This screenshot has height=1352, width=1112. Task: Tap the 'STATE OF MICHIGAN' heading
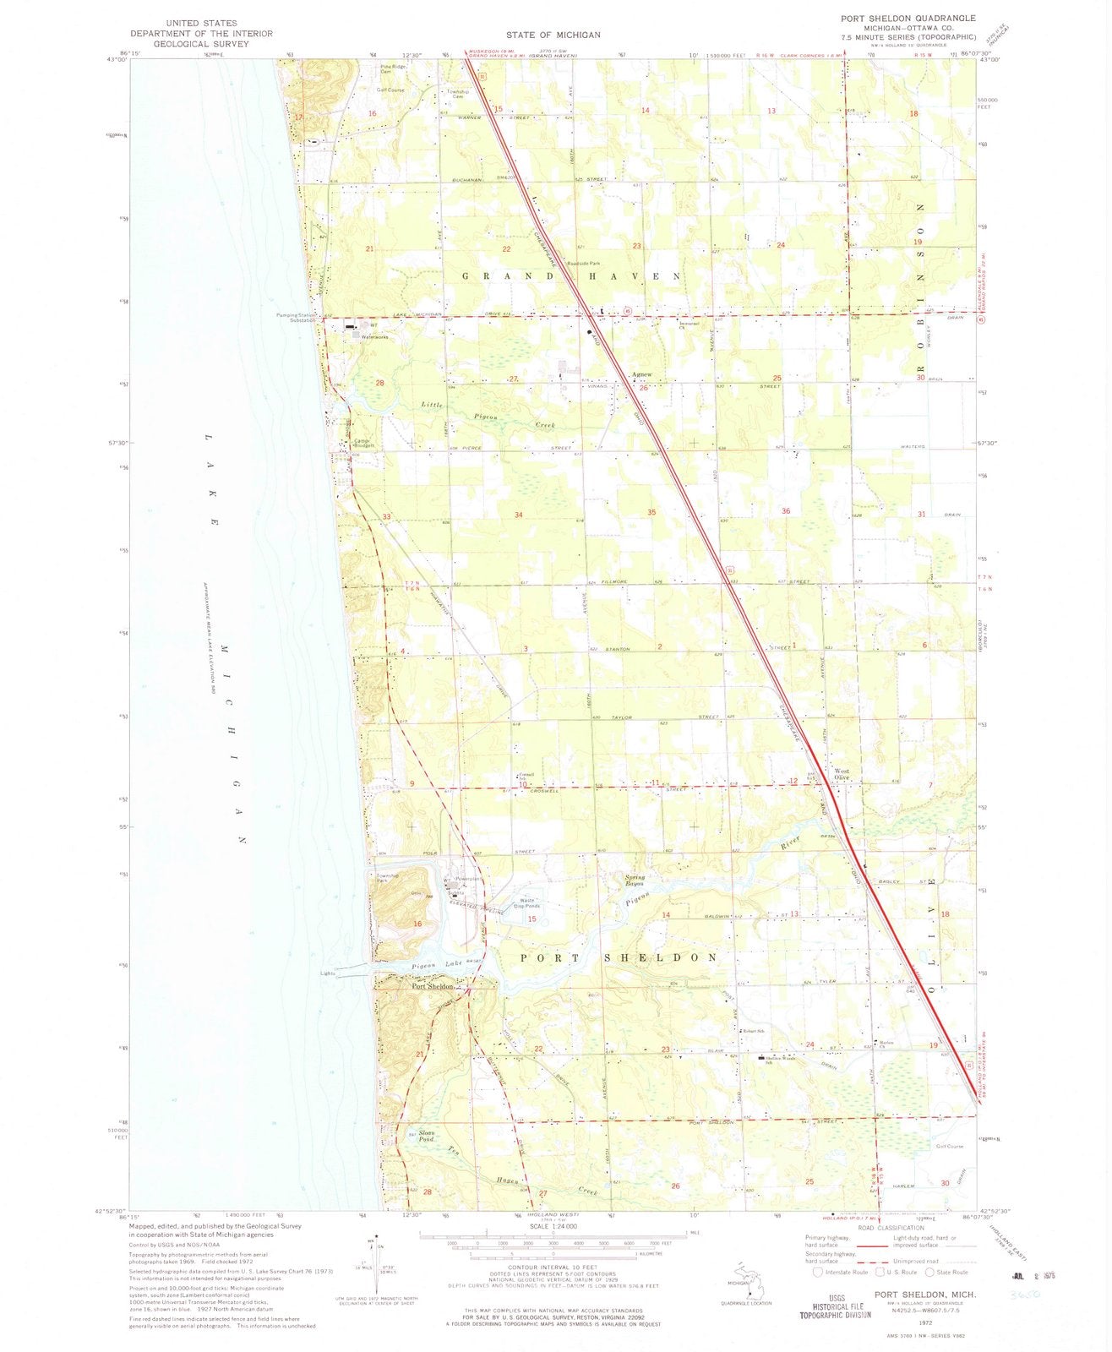pyautogui.click(x=553, y=35)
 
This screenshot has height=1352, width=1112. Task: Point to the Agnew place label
pyautogui.click(x=642, y=377)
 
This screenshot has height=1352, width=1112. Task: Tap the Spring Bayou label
pyautogui.click(x=635, y=880)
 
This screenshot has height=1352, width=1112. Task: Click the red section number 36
pyautogui.click(x=786, y=510)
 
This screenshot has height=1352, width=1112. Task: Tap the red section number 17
pyautogui.click(x=298, y=117)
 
